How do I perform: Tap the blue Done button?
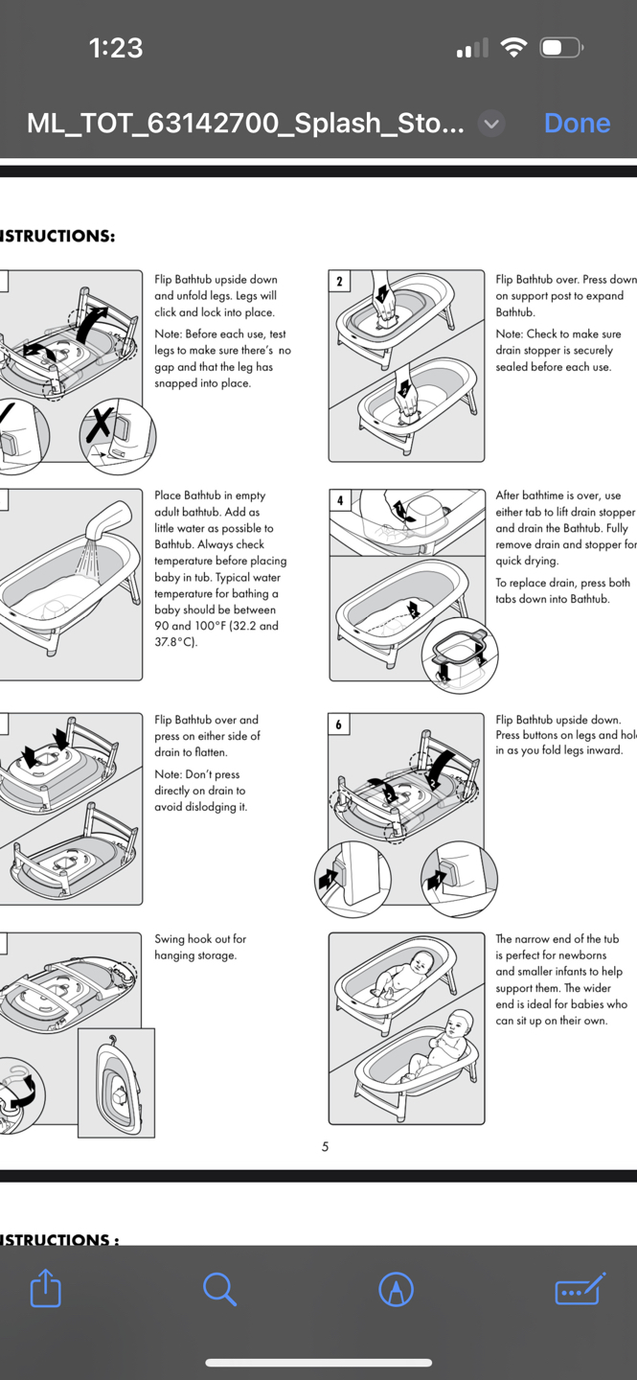577,124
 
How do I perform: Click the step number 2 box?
339,281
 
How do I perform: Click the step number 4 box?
339,500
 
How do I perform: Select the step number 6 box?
339,724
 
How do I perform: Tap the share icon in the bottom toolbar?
45,1288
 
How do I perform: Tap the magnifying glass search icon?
219,1289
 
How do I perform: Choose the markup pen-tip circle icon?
396,1289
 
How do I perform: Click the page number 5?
325,1147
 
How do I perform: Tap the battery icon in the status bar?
561,48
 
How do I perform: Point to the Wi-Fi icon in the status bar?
514,48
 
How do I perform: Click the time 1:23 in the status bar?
116,48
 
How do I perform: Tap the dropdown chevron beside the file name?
491,124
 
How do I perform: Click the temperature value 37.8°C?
175,642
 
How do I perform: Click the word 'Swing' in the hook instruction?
171,939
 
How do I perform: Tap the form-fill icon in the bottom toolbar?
580,1289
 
